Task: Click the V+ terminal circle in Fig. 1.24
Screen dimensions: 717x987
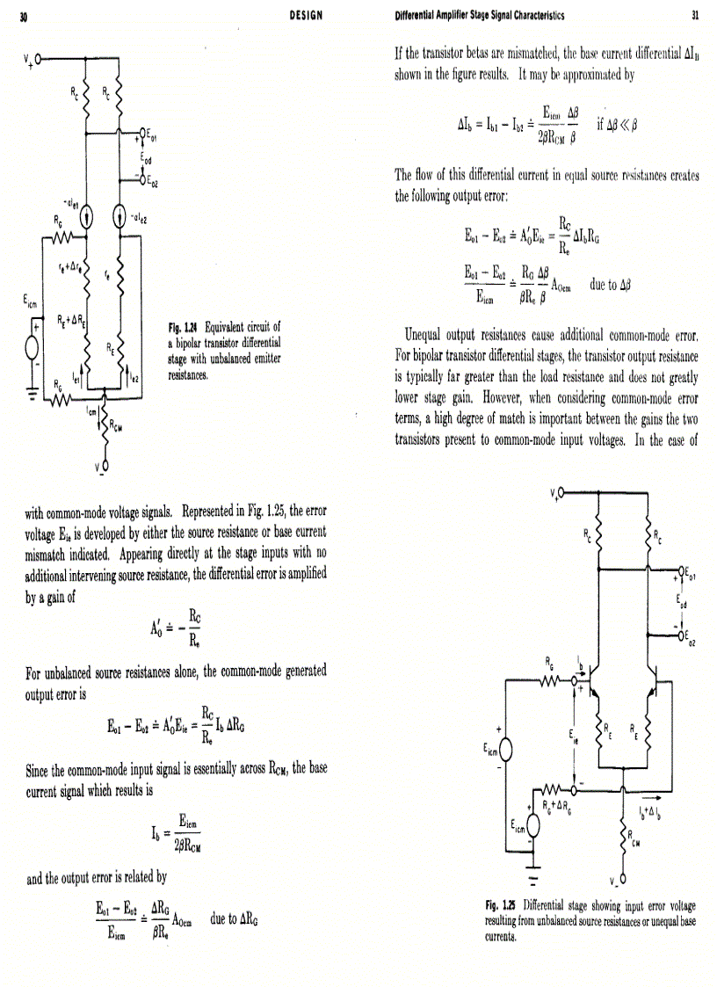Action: point(39,60)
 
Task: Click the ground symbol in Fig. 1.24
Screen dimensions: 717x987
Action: point(36,396)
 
